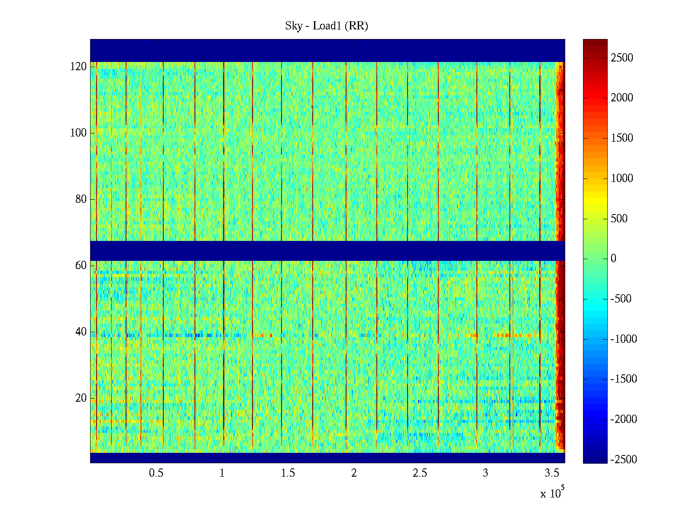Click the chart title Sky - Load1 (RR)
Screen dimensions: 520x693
pyautogui.click(x=327, y=26)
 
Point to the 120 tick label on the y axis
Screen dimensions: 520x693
pyautogui.click(x=78, y=67)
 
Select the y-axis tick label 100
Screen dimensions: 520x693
pyautogui.click(x=78, y=133)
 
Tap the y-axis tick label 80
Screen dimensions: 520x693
pyautogui.click(x=81, y=199)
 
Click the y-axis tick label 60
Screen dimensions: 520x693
pyautogui.click(x=81, y=266)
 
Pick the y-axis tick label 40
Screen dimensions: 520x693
pyautogui.click(x=81, y=332)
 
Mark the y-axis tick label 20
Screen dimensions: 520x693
pyautogui.click(x=81, y=398)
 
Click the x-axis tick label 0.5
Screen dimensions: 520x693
pyautogui.click(x=156, y=473)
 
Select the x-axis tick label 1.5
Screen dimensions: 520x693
pyautogui.click(x=288, y=473)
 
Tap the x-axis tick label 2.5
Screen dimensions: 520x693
pyautogui.click(x=420, y=473)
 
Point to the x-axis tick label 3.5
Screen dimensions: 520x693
pyautogui.click(x=552, y=473)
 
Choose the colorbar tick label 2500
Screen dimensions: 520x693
pyautogui.click(x=622, y=58)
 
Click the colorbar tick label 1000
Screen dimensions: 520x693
pyautogui.click(x=622, y=179)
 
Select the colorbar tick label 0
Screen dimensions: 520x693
pyautogui.click(x=613, y=259)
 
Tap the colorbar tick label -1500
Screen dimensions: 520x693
pyautogui.click(x=624, y=379)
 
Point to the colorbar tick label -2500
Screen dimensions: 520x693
pyautogui.click(x=624, y=460)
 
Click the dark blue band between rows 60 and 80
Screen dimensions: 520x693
pyautogui.click(x=327, y=250)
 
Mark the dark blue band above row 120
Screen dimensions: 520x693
pyautogui.click(x=327, y=50)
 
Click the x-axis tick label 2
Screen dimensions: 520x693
pyautogui.click(x=354, y=473)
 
